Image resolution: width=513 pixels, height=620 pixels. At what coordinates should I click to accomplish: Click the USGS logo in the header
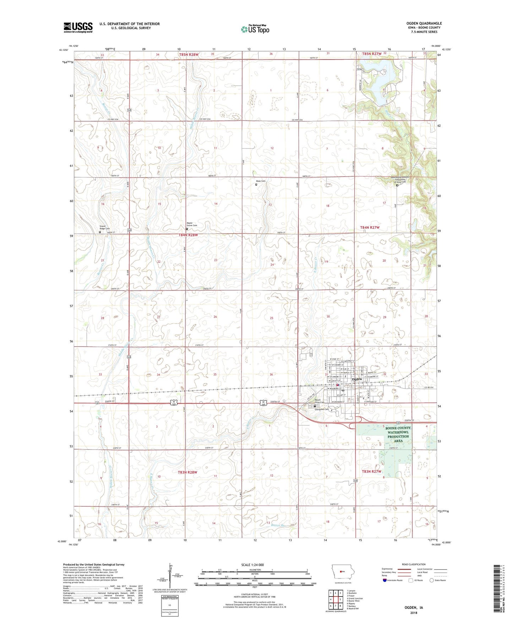point(78,27)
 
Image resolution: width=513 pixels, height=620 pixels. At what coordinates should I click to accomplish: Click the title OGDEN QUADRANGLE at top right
point(424,23)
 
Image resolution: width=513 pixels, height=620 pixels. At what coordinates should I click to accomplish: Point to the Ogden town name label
point(356,379)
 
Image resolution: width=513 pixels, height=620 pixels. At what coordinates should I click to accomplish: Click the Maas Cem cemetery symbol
point(256,185)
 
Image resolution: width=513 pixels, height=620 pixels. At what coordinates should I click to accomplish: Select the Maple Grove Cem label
point(192,224)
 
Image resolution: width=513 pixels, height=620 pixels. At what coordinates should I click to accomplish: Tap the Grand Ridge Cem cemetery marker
point(100,232)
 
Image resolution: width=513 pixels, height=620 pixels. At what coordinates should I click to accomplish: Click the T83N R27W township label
point(371,472)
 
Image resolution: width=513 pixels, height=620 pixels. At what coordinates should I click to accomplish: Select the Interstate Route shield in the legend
point(385,581)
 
